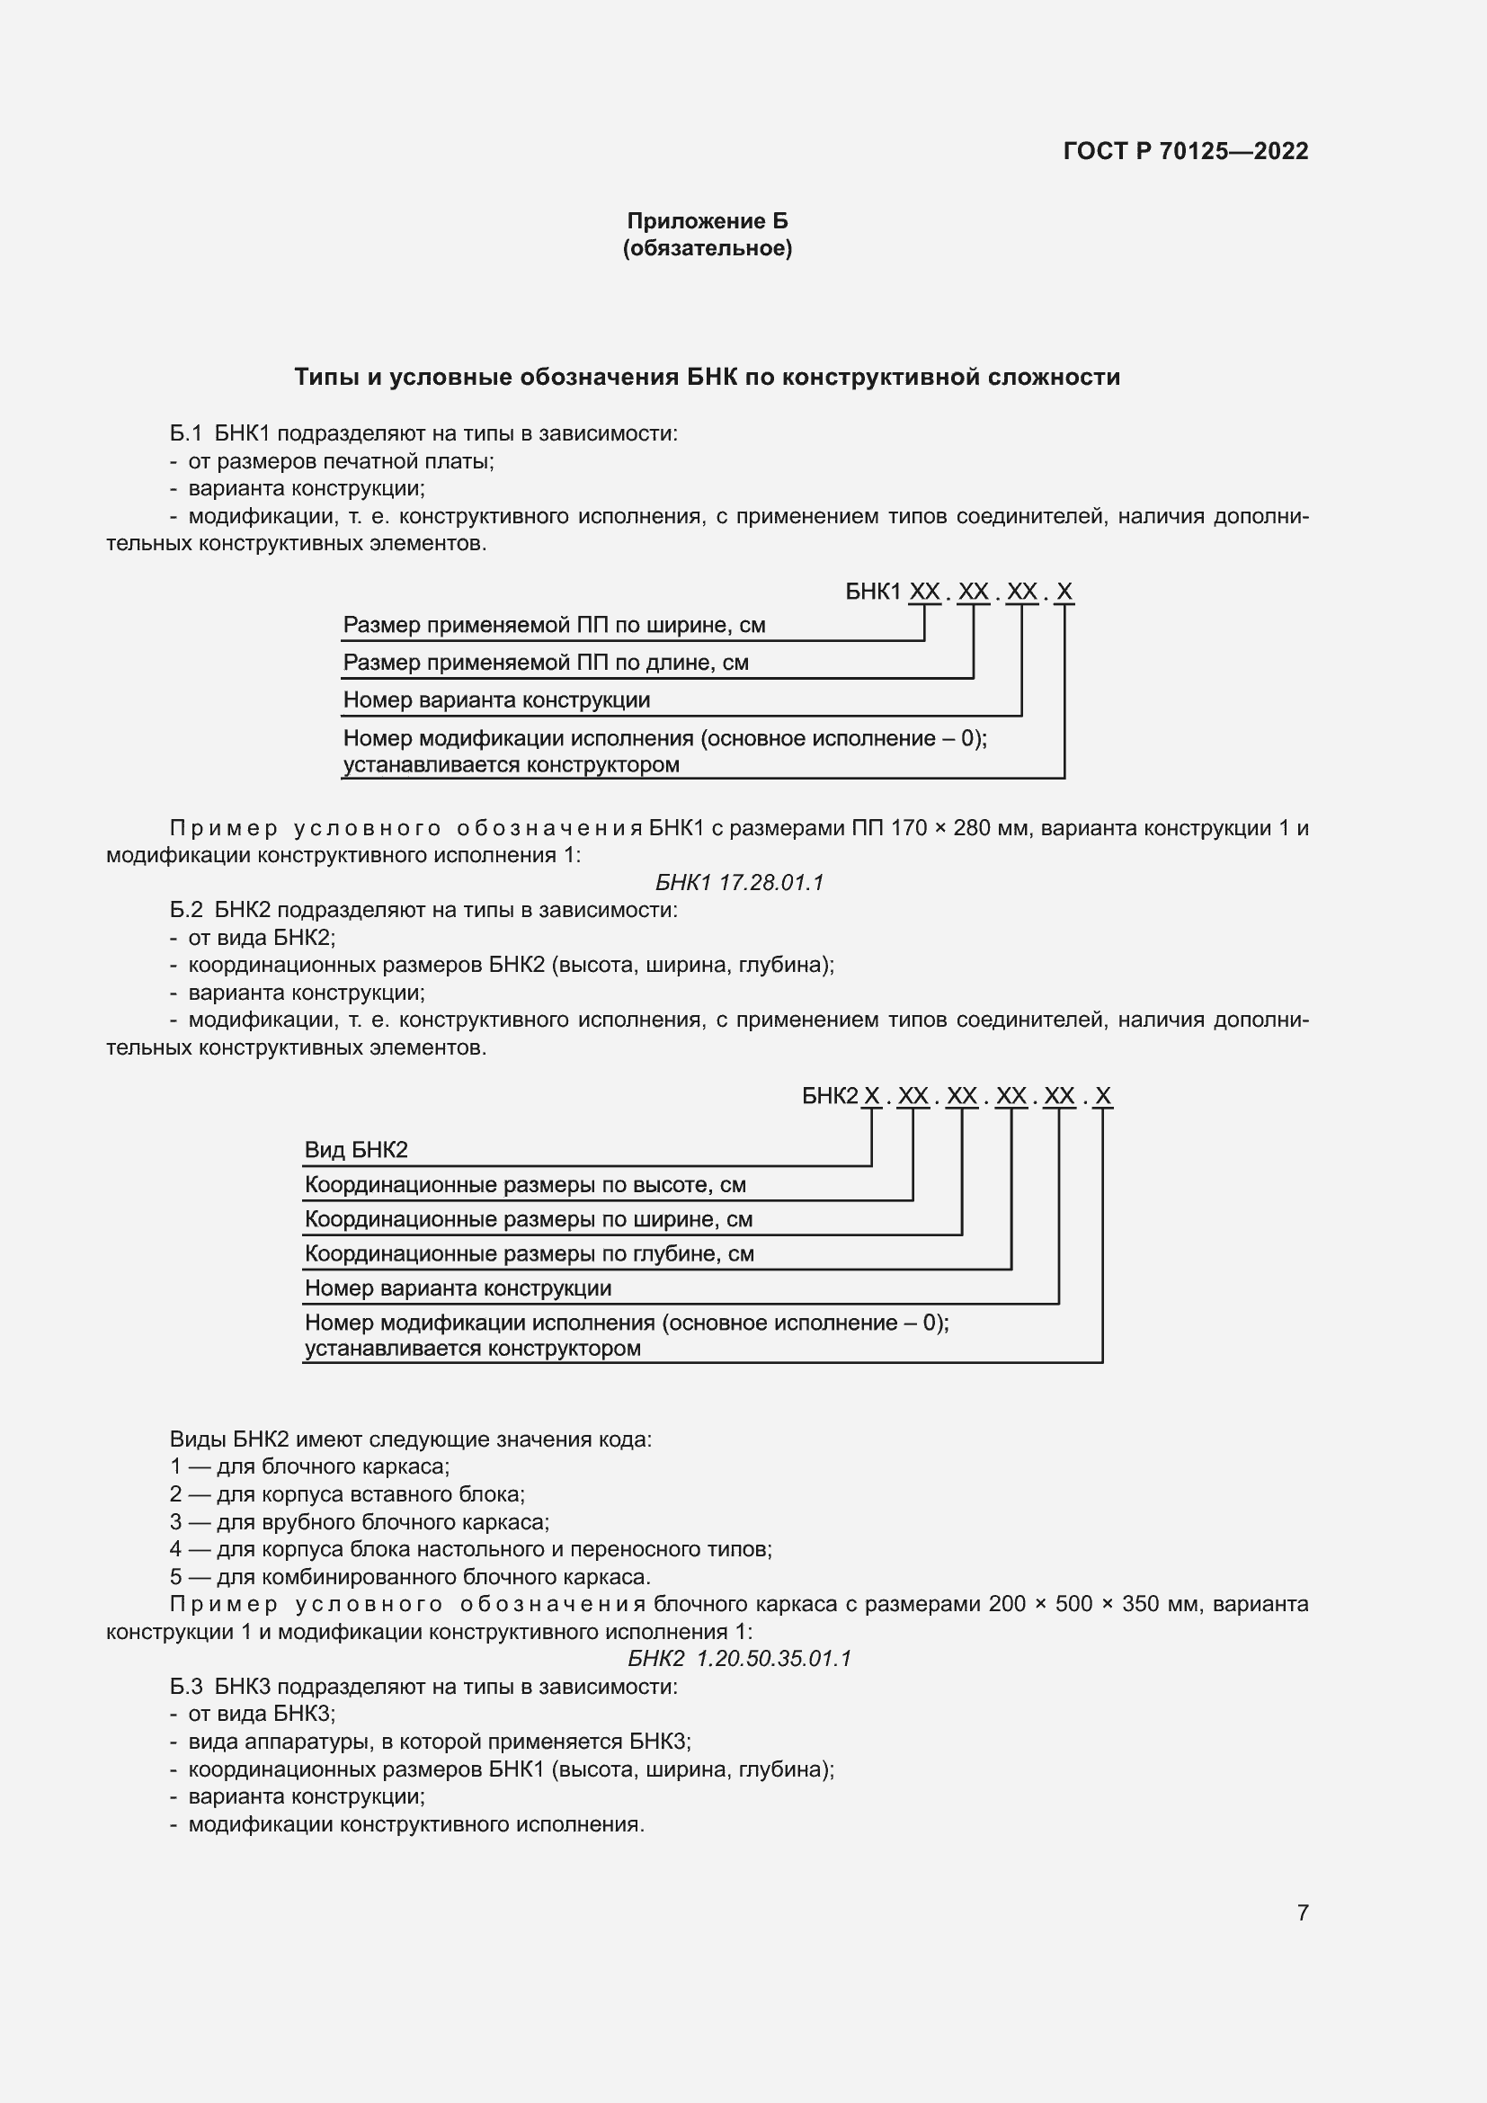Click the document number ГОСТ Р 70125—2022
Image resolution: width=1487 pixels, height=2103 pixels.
click(x=1185, y=151)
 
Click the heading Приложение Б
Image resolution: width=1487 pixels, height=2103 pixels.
click(x=707, y=221)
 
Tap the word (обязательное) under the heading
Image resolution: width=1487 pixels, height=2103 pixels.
click(x=707, y=248)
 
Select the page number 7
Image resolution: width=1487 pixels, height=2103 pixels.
click(x=1302, y=1912)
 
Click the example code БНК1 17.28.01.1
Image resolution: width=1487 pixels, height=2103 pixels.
click(x=739, y=882)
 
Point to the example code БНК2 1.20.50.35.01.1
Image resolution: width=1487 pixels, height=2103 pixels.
click(x=739, y=1659)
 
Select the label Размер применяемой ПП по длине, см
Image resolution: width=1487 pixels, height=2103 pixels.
click(x=545, y=663)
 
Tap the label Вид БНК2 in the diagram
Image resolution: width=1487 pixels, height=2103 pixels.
click(x=355, y=1151)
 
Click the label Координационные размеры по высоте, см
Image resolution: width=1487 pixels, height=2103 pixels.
click(x=525, y=1185)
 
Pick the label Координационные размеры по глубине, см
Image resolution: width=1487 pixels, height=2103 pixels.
click(x=529, y=1254)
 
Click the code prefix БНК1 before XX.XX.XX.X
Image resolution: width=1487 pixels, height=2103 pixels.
click(x=874, y=592)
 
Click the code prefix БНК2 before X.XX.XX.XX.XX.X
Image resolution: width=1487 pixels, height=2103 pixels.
click(x=830, y=1096)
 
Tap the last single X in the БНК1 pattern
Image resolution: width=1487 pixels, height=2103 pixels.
click(x=1064, y=592)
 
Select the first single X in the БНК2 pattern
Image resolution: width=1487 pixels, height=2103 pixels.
click(x=872, y=1096)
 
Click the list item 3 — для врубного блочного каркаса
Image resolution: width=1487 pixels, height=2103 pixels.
click(x=359, y=1522)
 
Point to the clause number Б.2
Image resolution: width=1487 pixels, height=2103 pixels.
click(x=186, y=910)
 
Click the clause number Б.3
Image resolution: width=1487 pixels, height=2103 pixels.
click(x=186, y=1686)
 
